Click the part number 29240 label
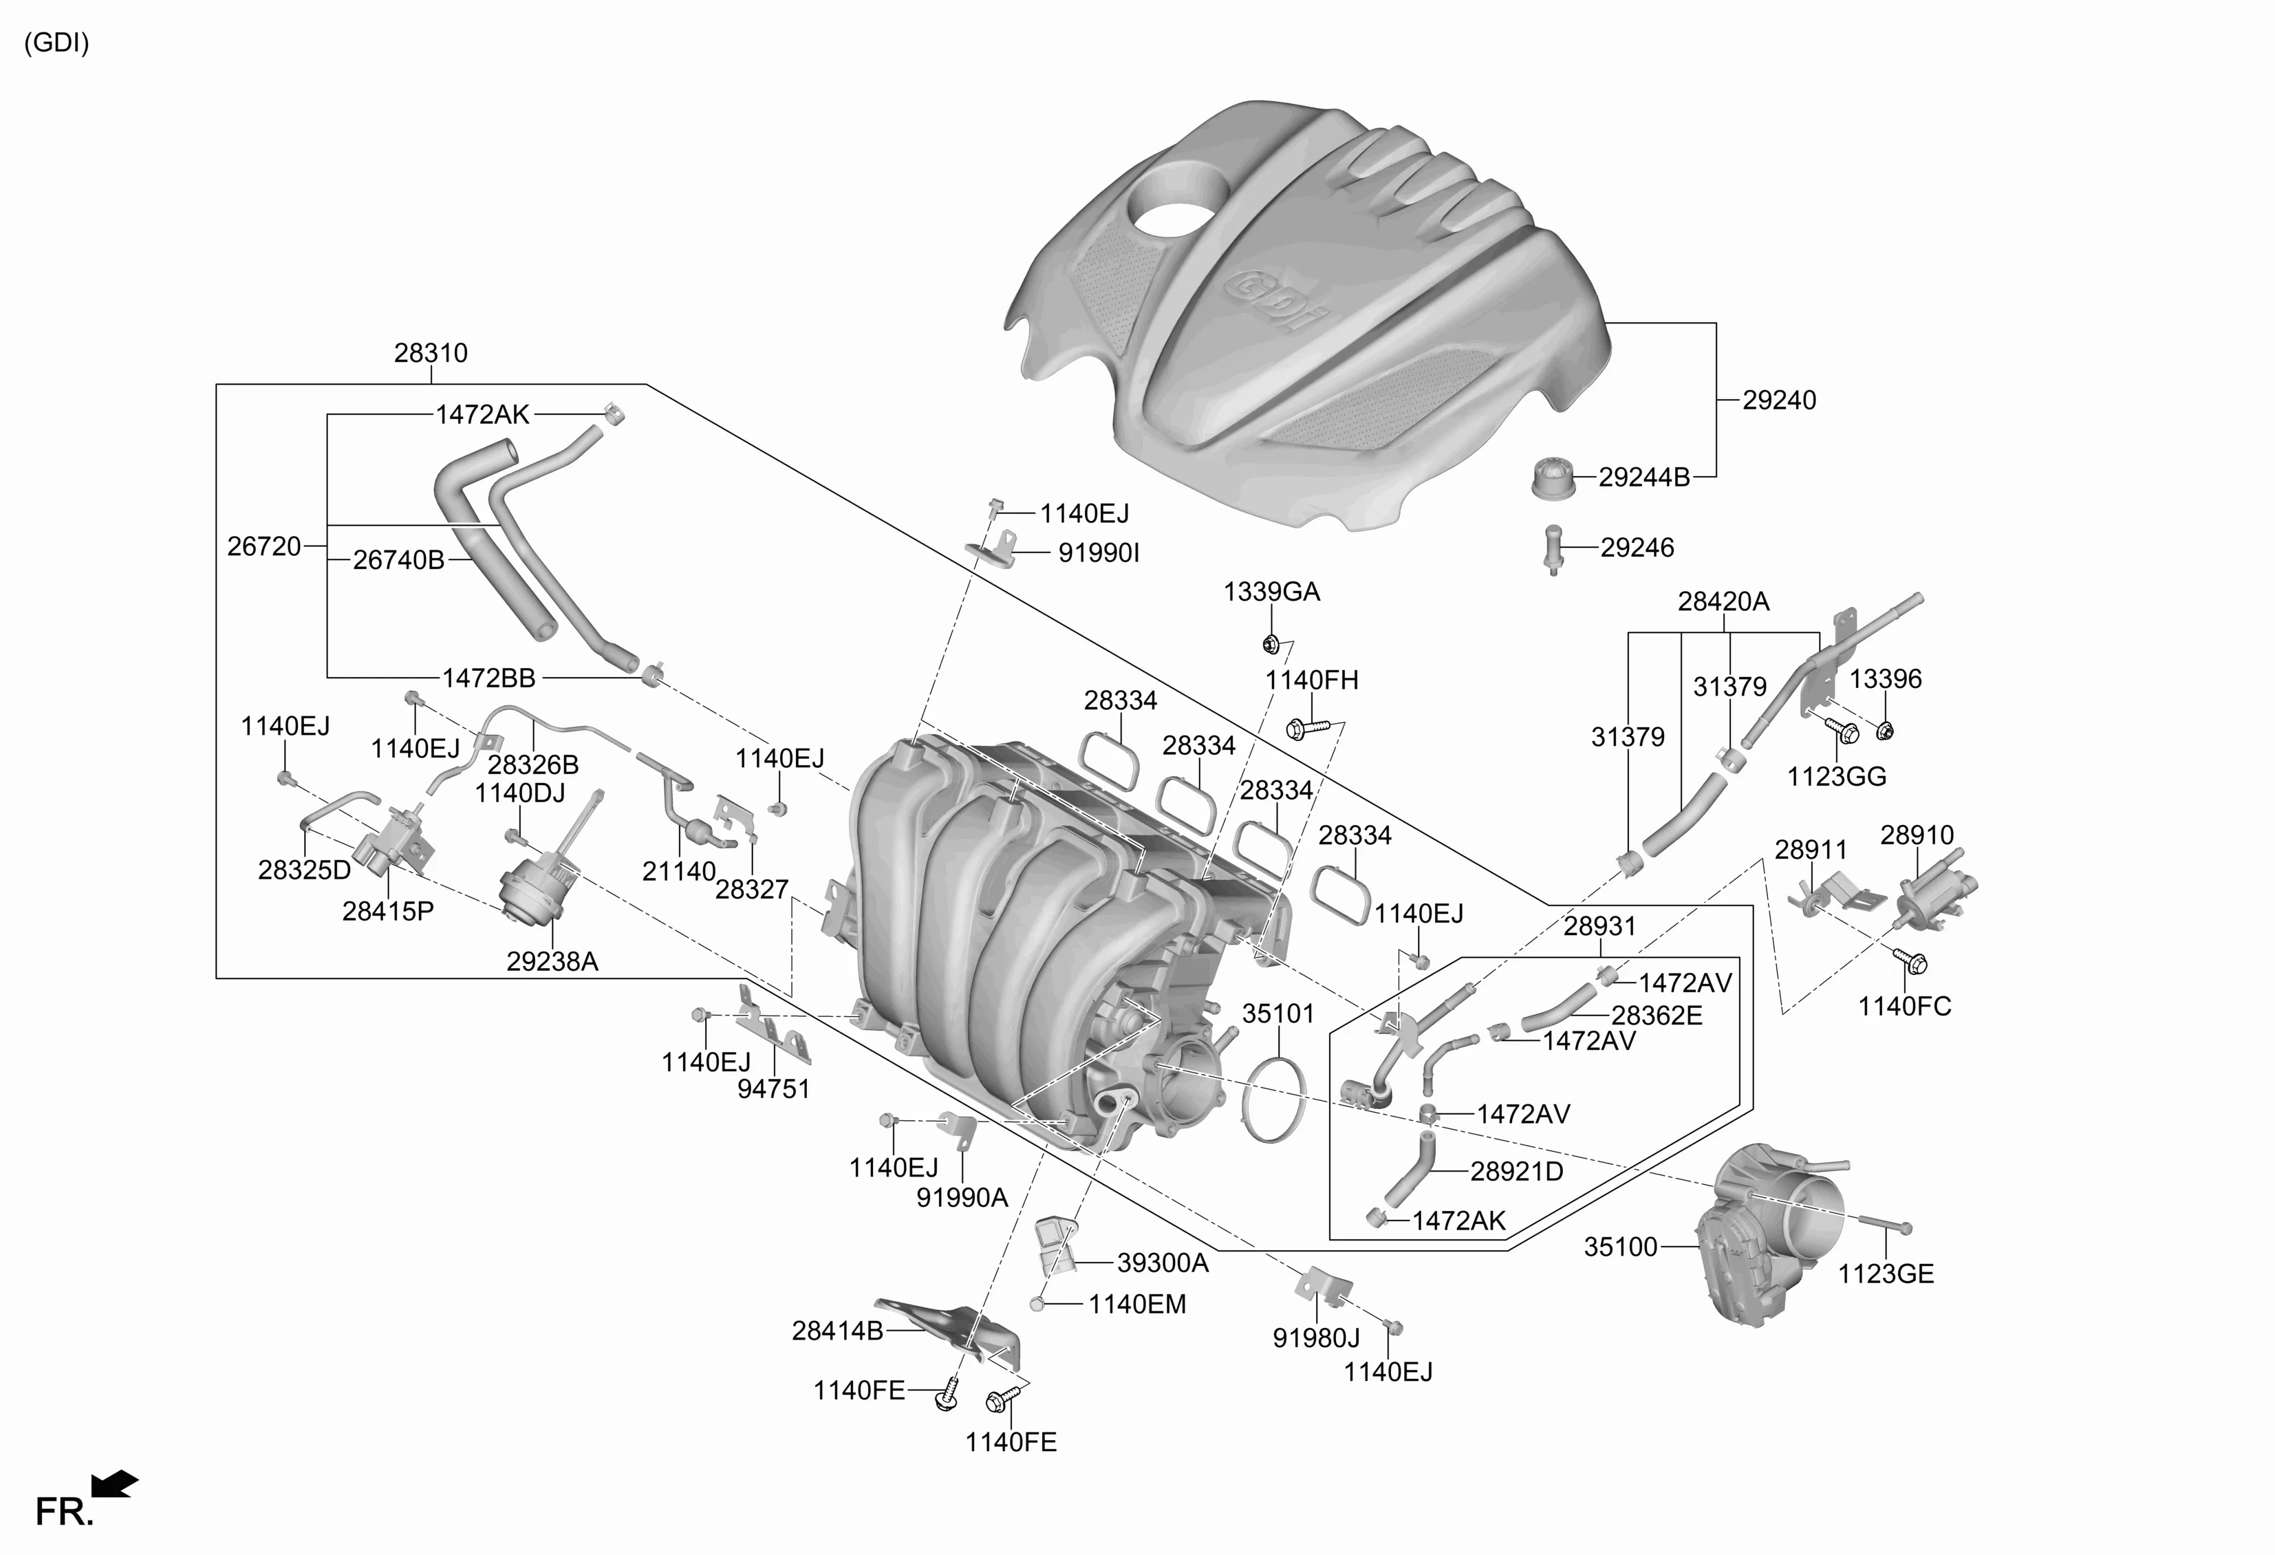point(1779,400)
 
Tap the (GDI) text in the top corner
point(56,43)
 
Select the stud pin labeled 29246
point(1553,549)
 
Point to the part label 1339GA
point(1271,592)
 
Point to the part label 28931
point(1599,925)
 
